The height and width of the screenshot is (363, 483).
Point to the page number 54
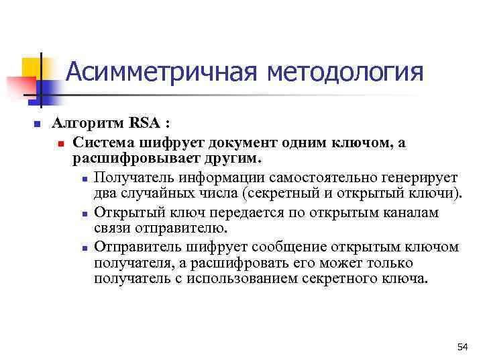[462, 347]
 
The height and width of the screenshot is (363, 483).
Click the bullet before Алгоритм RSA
[38, 124]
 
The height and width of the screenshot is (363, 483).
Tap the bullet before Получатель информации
[83, 177]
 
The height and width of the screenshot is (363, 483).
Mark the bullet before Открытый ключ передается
[83, 212]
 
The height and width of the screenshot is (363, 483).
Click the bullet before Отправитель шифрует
[83, 247]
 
